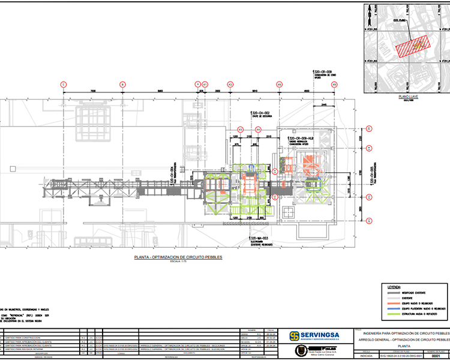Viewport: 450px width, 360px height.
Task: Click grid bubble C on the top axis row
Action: click(63, 85)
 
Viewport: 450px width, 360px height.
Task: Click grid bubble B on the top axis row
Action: click(122, 85)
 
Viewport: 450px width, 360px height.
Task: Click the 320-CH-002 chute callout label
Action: click(260, 113)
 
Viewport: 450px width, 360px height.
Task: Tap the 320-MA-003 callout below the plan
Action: click(260, 238)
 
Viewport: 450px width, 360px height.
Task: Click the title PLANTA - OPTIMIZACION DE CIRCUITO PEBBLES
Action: click(178, 257)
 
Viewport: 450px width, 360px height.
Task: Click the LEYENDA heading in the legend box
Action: click(394, 287)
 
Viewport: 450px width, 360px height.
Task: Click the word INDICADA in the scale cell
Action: click(365, 355)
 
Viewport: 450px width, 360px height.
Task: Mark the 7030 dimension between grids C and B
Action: click(92, 91)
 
